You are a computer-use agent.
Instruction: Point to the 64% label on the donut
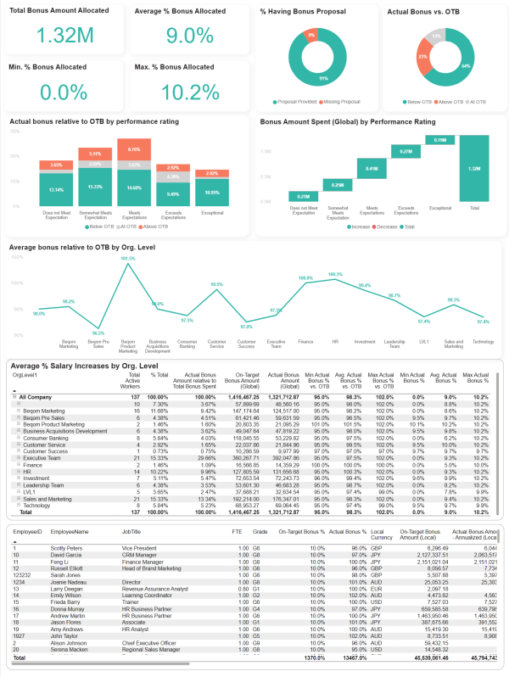point(467,64)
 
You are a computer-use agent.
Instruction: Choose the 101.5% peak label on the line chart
point(129,259)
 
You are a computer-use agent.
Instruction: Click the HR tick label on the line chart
point(335,343)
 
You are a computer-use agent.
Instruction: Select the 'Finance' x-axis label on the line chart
point(306,343)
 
